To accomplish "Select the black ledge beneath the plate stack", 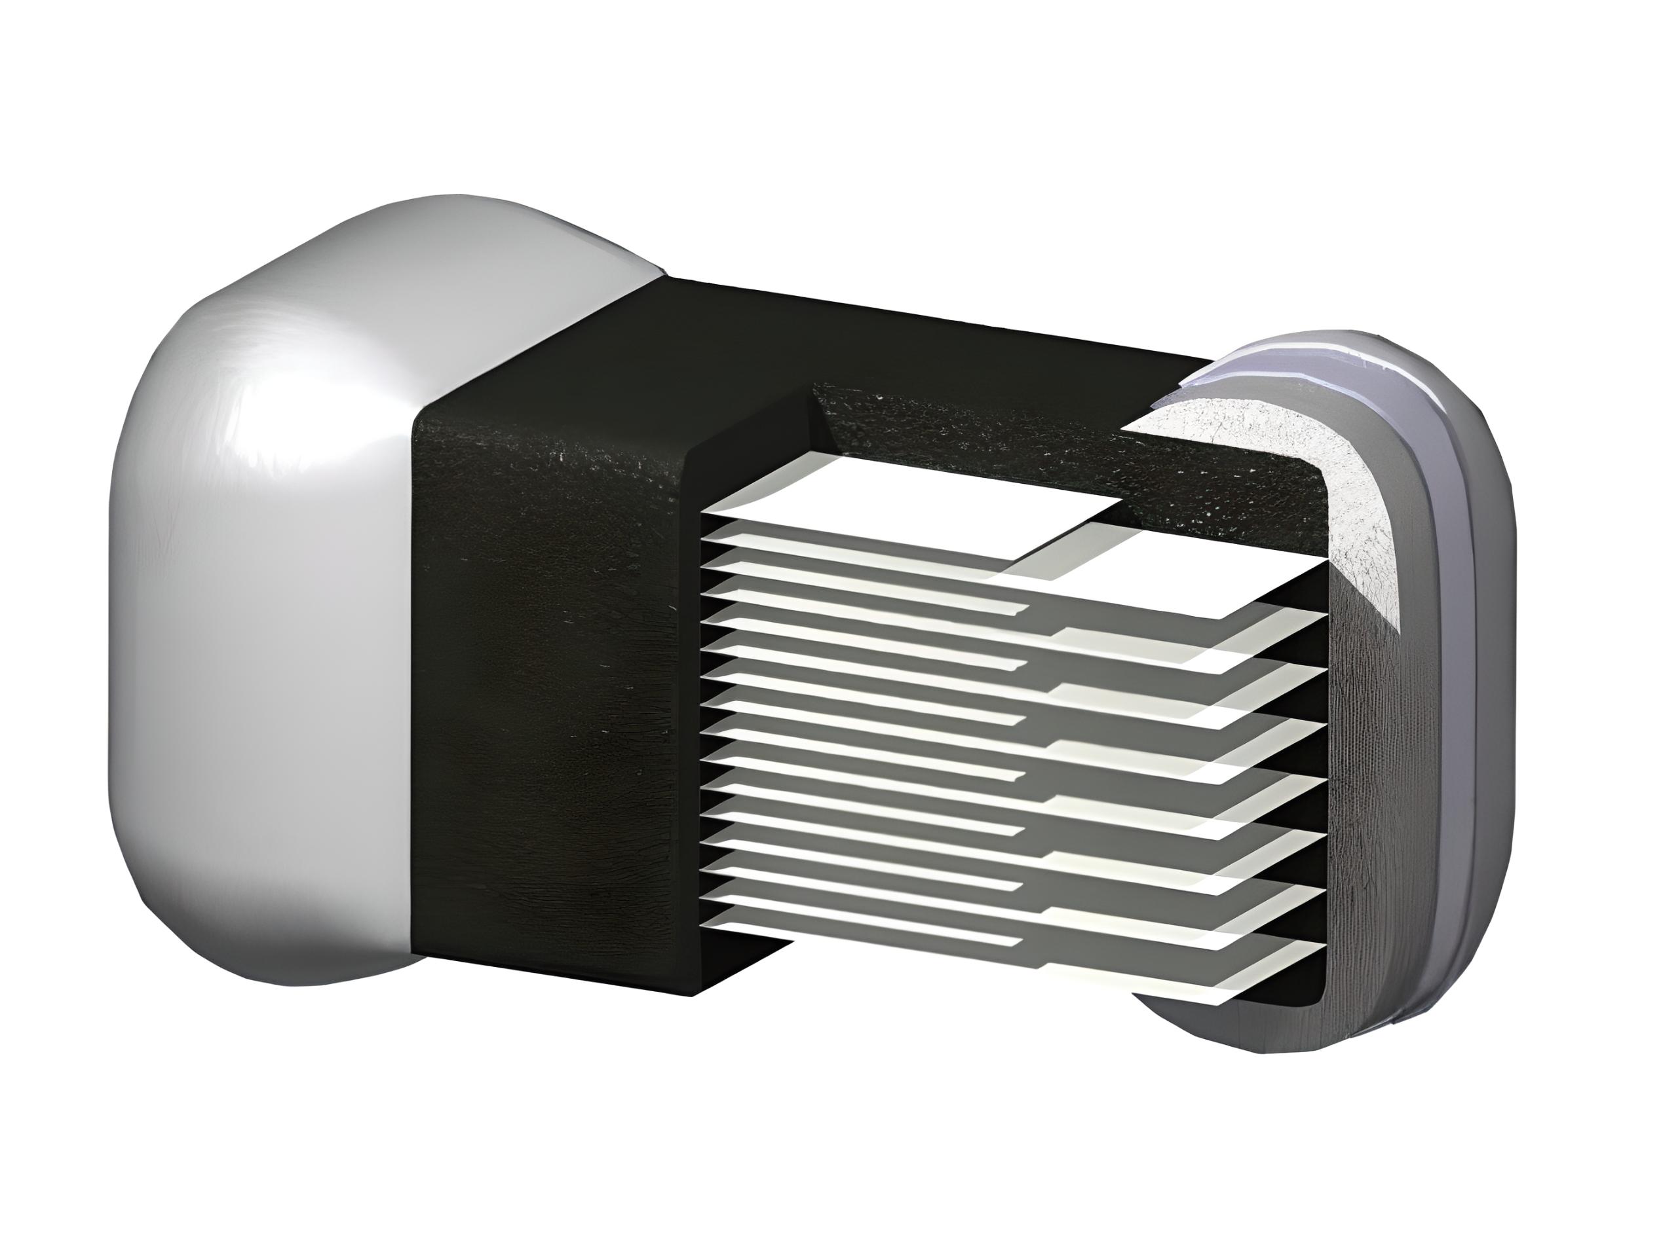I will pyautogui.click(x=744, y=968).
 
